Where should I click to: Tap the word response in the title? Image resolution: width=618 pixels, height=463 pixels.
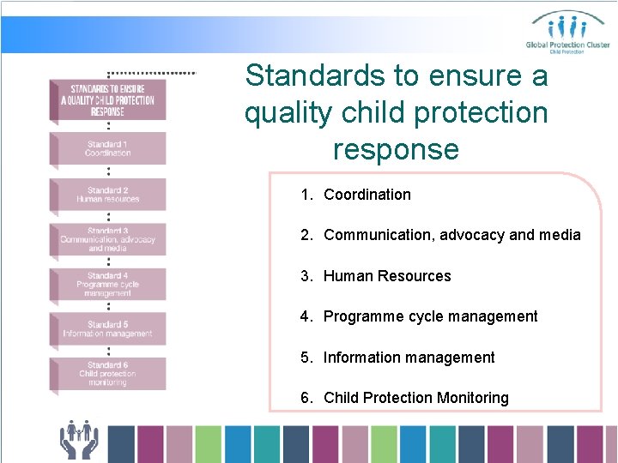click(396, 149)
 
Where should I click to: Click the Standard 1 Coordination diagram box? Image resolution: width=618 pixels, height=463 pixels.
click(108, 148)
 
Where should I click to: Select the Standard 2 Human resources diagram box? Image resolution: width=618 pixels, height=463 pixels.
click(108, 195)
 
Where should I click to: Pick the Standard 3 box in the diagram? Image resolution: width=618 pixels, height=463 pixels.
click(108, 239)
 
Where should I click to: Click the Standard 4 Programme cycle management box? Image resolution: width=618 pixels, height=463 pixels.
click(108, 285)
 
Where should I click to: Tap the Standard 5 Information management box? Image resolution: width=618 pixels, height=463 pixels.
click(108, 329)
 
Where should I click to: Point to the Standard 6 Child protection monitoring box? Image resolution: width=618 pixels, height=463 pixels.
click(108, 374)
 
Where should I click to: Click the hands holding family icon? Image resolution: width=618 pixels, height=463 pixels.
click(79, 439)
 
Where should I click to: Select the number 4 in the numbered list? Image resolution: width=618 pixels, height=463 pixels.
click(306, 316)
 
